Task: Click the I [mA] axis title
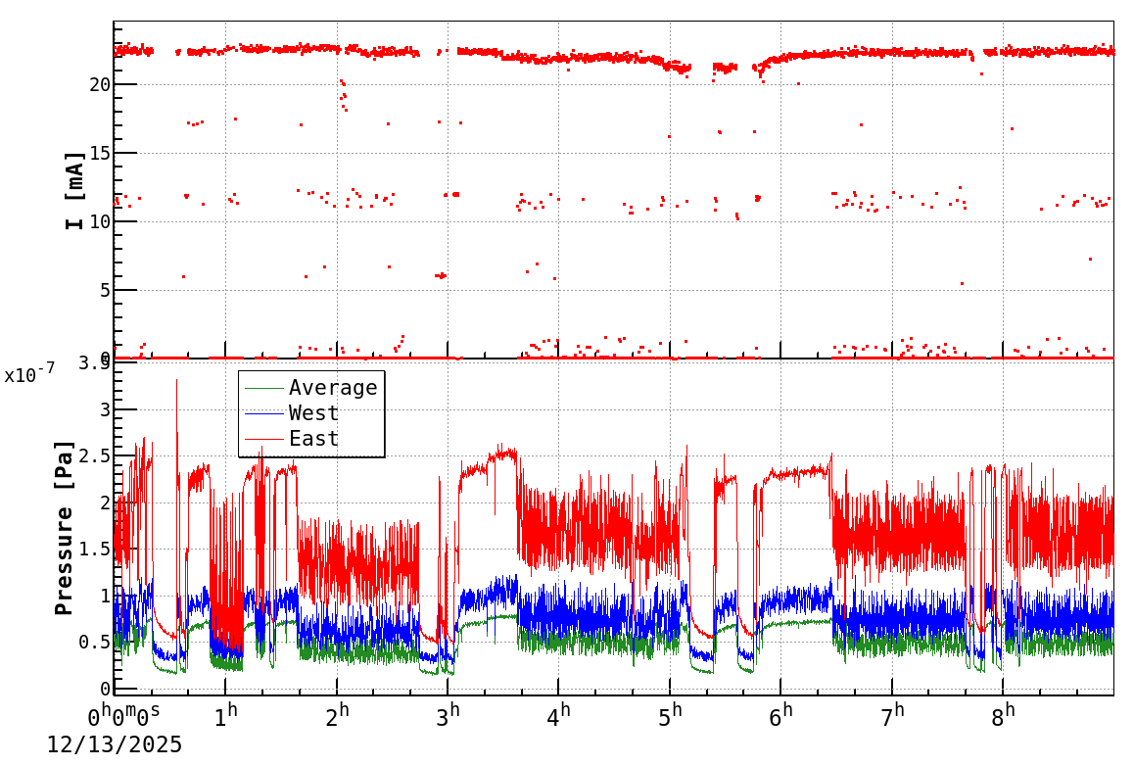[x=74, y=190]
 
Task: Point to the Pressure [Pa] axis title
[x=65, y=528]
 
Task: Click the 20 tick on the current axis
[x=99, y=85]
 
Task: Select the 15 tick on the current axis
[x=99, y=154]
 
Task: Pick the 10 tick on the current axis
[x=99, y=222]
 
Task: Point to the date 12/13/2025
[x=115, y=745]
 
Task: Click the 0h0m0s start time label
[x=123, y=718]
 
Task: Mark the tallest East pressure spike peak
[x=177, y=380]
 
